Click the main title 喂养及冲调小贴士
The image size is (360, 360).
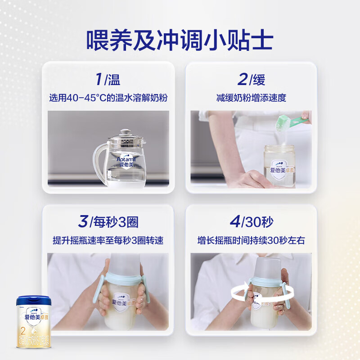coord(180,40)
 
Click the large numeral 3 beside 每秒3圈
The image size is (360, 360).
coord(83,221)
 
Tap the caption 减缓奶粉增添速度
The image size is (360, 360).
coord(251,98)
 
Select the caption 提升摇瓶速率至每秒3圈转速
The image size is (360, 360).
coord(108,241)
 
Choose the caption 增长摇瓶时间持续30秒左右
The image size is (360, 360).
coord(251,241)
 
